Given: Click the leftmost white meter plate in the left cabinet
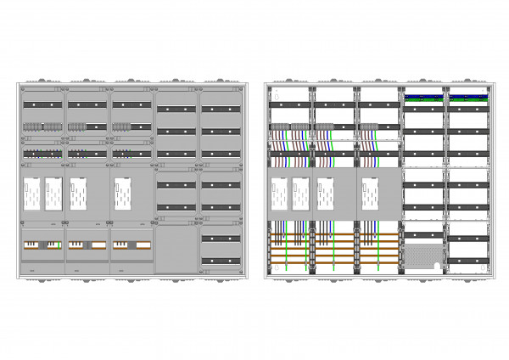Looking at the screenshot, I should tap(31, 193).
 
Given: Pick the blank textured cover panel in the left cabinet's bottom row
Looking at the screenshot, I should tap(176, 247).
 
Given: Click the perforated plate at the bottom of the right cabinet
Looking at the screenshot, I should tap(424, 256).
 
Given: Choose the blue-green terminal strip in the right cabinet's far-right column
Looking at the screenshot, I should tap(468, 98).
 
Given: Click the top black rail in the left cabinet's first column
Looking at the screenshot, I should tap(42, 104).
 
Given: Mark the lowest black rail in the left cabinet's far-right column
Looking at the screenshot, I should tap(221, 260).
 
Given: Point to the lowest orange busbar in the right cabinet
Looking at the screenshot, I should tap(335, 264).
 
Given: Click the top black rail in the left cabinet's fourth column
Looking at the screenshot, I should tap(176, 109).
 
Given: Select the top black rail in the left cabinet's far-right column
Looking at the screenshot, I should tap(221, 109).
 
